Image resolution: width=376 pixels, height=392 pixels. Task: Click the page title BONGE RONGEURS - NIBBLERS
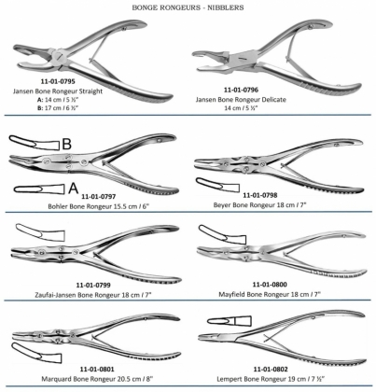(x=188, y=7)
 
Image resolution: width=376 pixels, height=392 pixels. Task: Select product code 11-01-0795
(x=58, y=81)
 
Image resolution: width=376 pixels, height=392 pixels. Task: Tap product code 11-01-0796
(x=241, y=90)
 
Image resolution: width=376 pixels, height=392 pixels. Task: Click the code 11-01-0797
(x=99, y=197)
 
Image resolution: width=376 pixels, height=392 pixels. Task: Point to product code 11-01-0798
(x=260, y=195)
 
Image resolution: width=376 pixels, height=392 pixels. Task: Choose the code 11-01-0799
(x=93, y=285)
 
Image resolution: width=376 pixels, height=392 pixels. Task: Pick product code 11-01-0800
(x=270, y=285)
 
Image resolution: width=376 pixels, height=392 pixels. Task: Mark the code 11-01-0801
(x=97, y=370)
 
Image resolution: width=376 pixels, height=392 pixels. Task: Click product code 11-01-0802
(x=271, y=370)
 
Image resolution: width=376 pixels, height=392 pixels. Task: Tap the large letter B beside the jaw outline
(x=67, y=144)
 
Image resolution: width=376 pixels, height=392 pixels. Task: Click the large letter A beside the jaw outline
(x=73, y=189)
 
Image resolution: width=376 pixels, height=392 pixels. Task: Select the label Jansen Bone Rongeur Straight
(x=58, y=91)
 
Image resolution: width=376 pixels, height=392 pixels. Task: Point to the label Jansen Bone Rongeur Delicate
(x=241, y=100)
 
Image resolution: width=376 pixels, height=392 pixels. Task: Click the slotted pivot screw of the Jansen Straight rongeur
(x=58, y=56)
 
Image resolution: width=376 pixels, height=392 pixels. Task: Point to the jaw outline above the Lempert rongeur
(x=230, y=321)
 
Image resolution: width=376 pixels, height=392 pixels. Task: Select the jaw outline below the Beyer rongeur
(x=217, y=185)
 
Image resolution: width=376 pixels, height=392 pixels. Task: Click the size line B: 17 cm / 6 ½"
(x=58, y=108)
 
